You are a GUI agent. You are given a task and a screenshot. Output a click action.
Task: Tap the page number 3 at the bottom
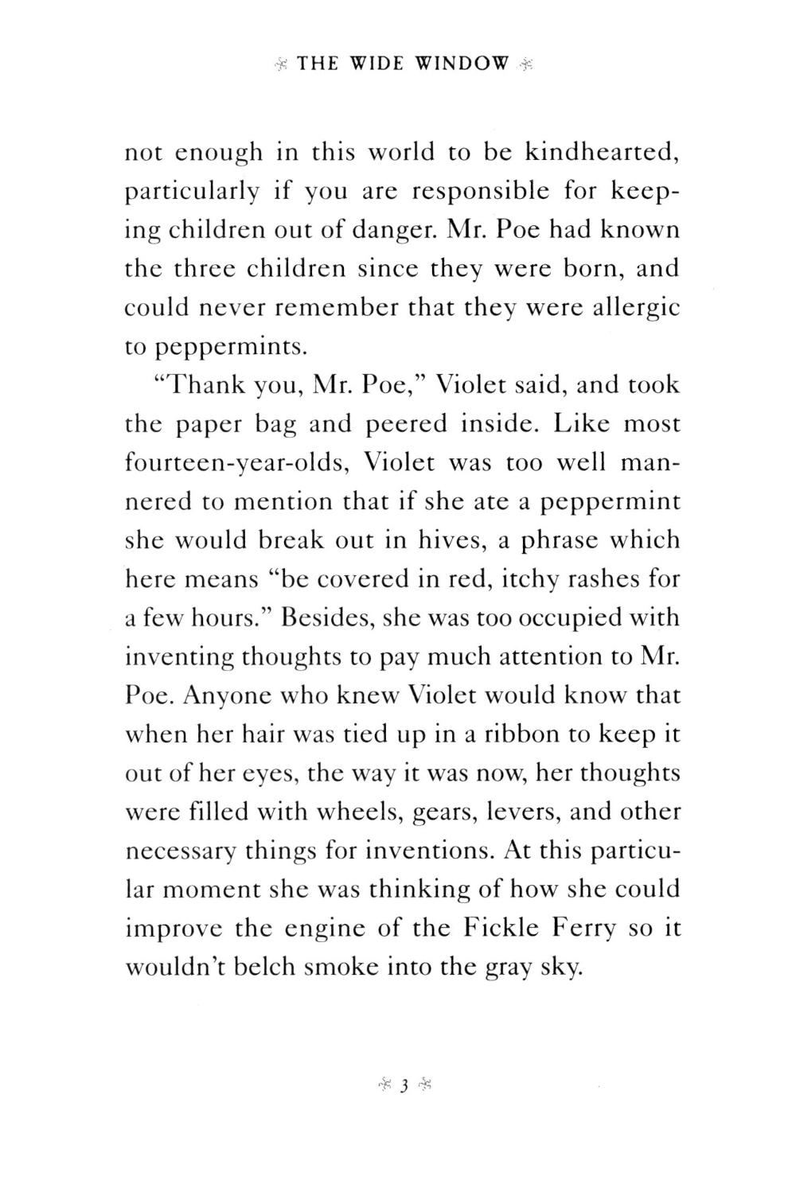tap(404, 1085)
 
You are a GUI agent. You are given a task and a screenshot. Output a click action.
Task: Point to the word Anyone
tap(224, 696)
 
